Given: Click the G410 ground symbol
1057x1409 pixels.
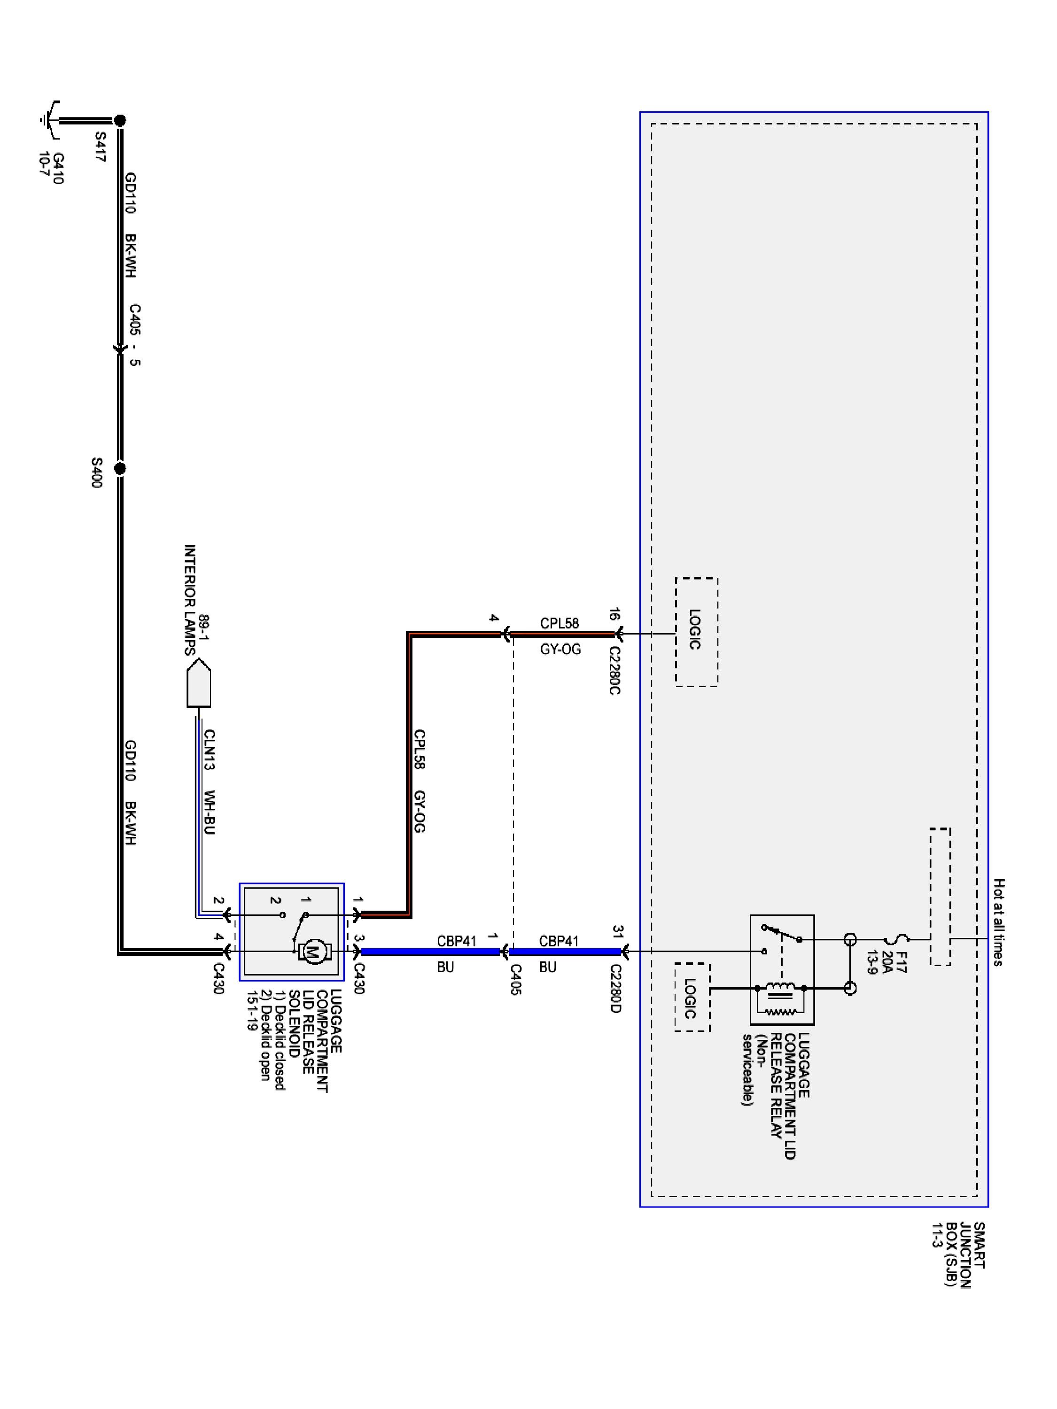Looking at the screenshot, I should (50, 119).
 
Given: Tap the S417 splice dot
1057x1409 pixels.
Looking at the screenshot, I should (120, 120).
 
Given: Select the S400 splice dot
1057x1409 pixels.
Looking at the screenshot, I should (120, 469).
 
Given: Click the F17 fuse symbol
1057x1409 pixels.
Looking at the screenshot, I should (895, 939).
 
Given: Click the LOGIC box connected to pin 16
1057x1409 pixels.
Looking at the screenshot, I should (696, 631).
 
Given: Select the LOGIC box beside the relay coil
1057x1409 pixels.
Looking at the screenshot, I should (692, 998).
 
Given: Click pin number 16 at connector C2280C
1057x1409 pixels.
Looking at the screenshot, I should (614, 615).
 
